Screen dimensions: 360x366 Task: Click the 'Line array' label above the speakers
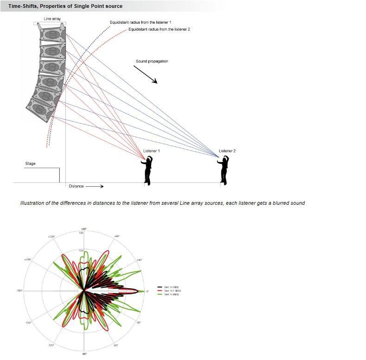pos(51,19)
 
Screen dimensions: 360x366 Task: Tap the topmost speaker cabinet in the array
pos(51,34)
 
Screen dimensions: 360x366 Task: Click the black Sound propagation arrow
pos(145,74)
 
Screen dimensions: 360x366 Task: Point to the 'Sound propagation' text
pos(151,61)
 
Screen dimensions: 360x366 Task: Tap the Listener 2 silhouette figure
pos(224,170)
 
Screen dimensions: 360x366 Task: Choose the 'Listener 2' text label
pos(227,151)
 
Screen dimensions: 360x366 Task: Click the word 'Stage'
pos(30,164)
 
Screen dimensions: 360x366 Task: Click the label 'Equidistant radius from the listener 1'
pos(140,22)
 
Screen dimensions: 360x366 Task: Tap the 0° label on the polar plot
pos(147,291)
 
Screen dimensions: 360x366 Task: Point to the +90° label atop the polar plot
pos(84,229)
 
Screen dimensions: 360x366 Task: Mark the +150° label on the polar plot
pos(27,259)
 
